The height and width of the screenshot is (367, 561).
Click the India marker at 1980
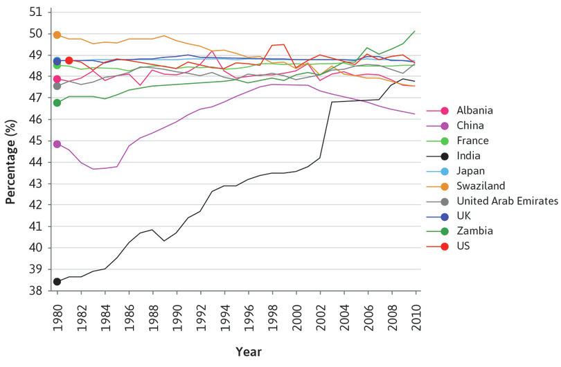tap(57, 282)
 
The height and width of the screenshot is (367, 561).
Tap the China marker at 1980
tap(57, 144)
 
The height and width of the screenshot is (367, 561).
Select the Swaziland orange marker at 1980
tap(57, 35)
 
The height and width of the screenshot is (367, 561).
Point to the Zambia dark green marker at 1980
tap(57, 103)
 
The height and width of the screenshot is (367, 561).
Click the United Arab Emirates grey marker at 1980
tap(57, 86)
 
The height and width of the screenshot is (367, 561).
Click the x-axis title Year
tap(248, 352)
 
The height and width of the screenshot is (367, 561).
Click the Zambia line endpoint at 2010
tap(416, 30)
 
